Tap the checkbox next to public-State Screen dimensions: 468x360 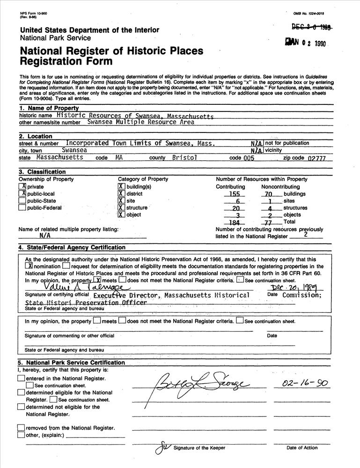pyautogui.click(x=22, y=201)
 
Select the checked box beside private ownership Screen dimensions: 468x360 pyautogui.click(x=22, y=187)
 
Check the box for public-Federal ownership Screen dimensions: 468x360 pyautogui.click(x=22, y=208)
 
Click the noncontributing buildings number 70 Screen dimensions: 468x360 pyautogui.click(x=268, y=194)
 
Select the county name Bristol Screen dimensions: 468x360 pyautogui.click(x=184, y=158)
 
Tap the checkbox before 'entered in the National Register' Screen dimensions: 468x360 pyautogui.click(x=21, y=379)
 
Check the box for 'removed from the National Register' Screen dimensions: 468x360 pyautogui.click(x=21, y=428)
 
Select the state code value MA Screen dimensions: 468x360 pyautogui.click(x=119, y=158)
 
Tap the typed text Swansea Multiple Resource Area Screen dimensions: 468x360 pyautogui.click(x=140, y=122)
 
